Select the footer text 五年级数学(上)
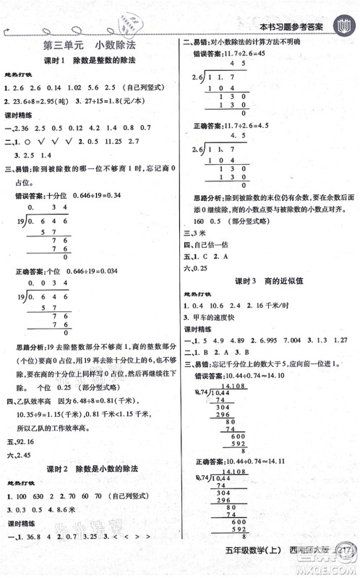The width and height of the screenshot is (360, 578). [260, 564]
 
